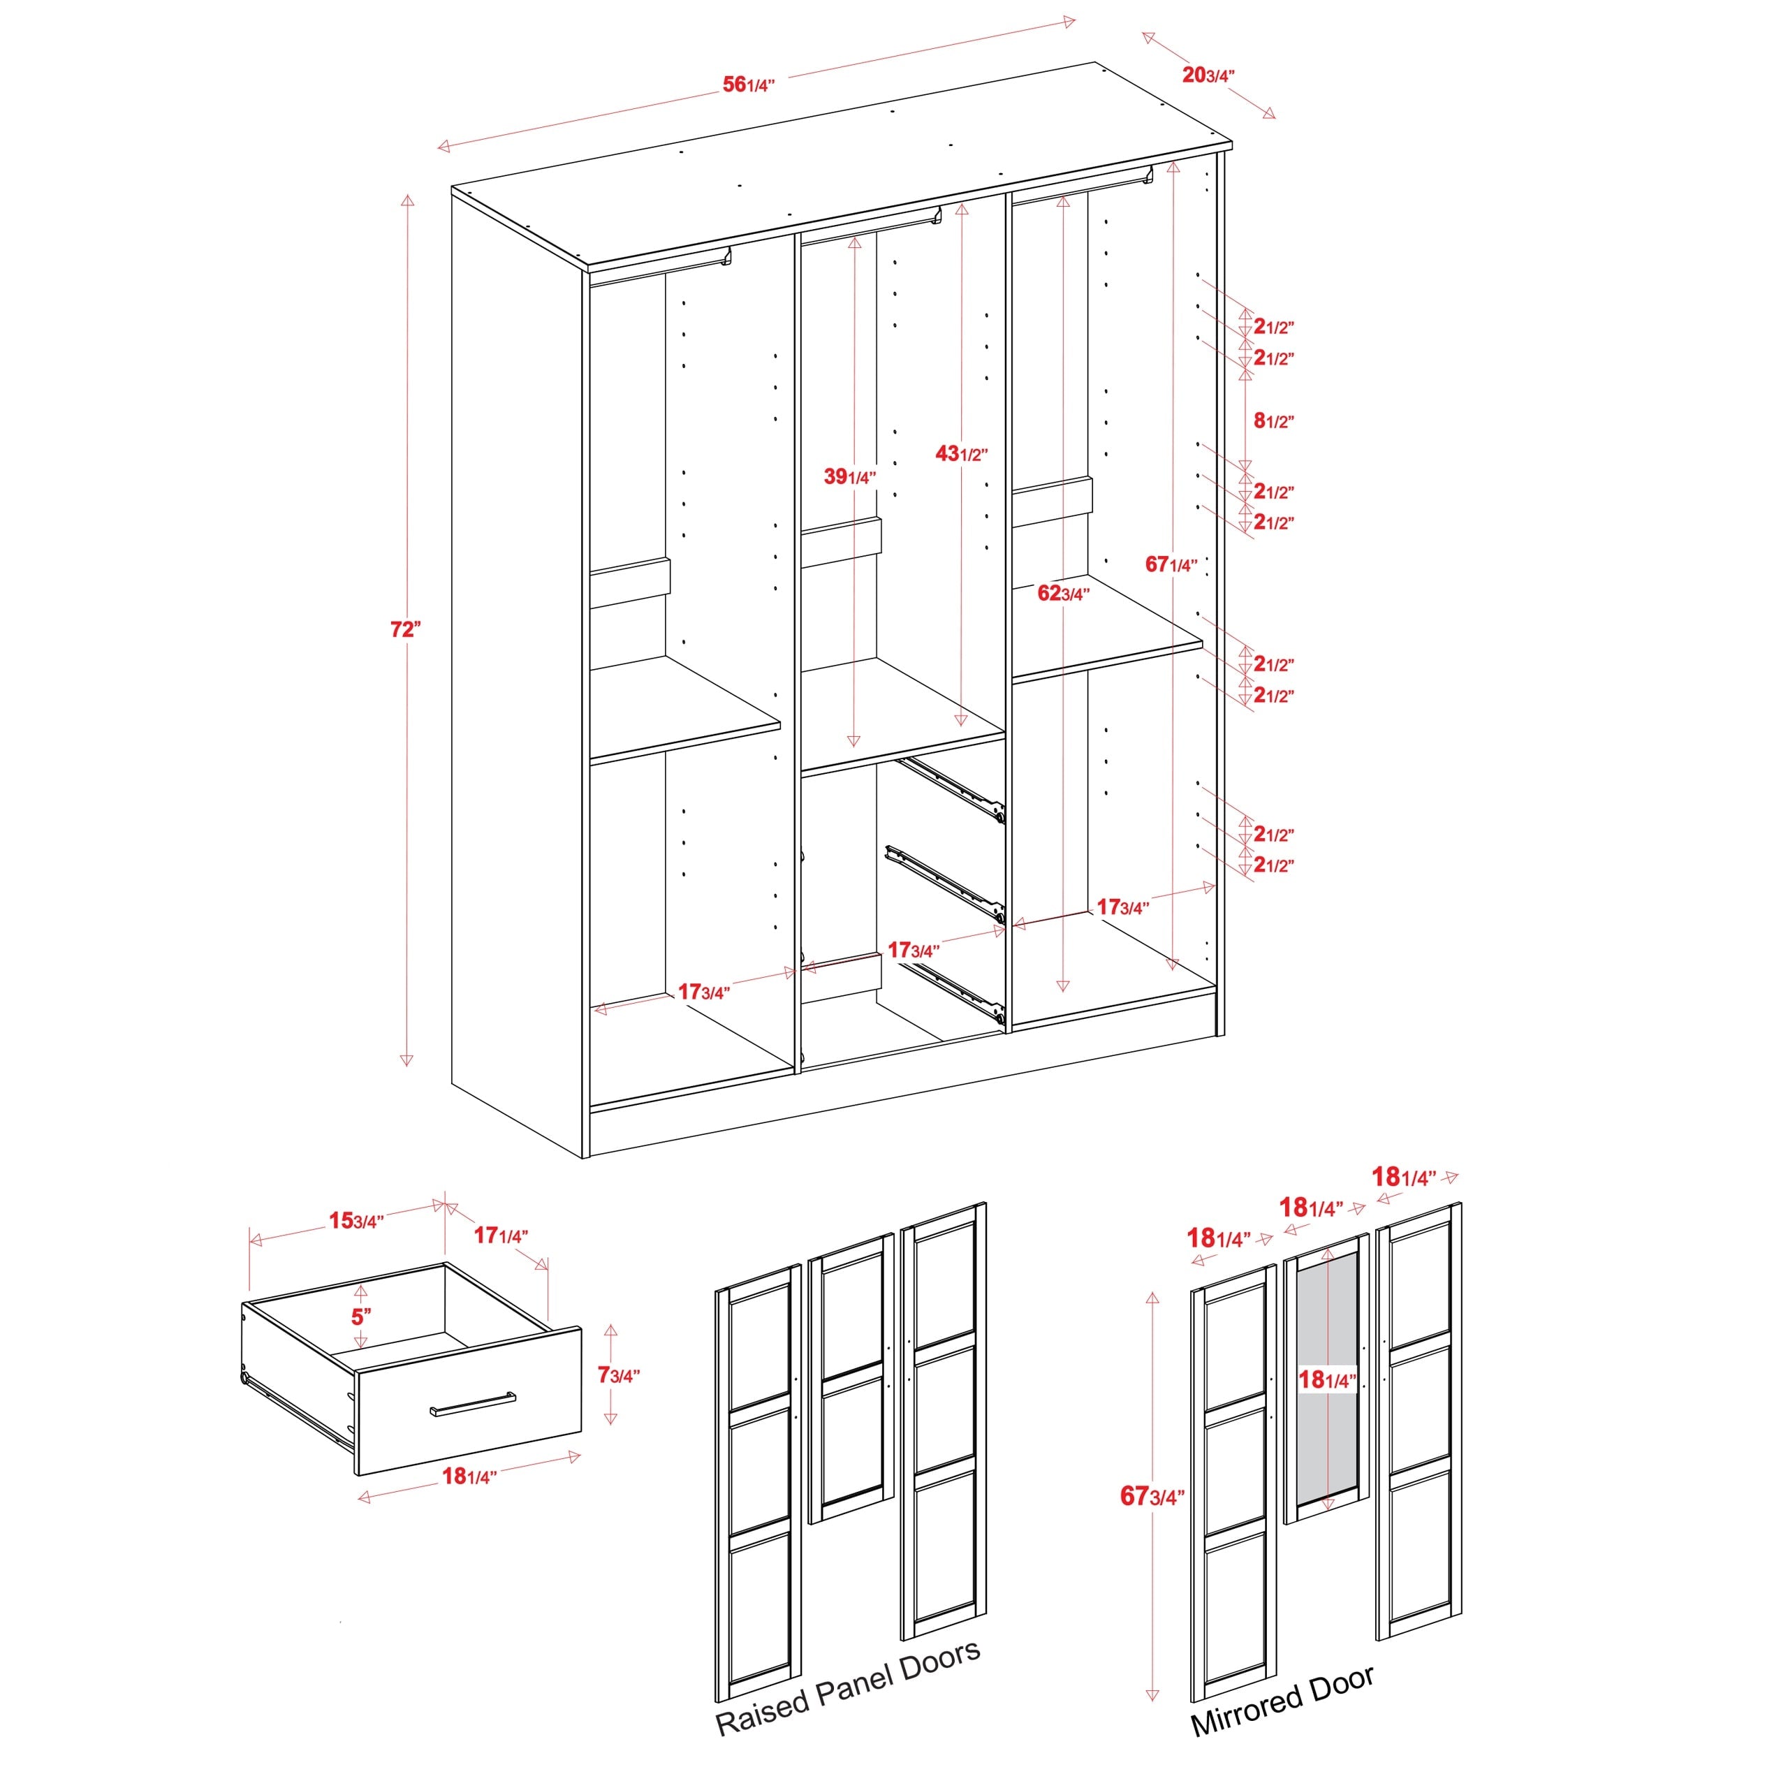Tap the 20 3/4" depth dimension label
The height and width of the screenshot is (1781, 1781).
click(x=1208, y=75)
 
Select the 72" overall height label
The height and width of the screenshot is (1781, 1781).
click(x=404, y=629)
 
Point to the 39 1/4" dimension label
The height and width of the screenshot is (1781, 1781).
click(x=849, y=476)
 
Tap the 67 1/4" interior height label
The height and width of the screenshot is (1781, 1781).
click(x=1171, y=564)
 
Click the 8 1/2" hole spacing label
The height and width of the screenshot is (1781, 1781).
click(x=1273, y=421)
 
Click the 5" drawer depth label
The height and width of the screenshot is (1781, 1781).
click(x=360, y=1317)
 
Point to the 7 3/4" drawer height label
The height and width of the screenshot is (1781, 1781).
click(x=617, y=1375)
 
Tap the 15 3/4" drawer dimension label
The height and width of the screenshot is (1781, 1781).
click(x=356, y=1222)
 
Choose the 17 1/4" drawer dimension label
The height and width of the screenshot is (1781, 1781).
click(x=501, y=1236)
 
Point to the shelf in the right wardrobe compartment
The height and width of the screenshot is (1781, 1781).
click(x=1106, y=634)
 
